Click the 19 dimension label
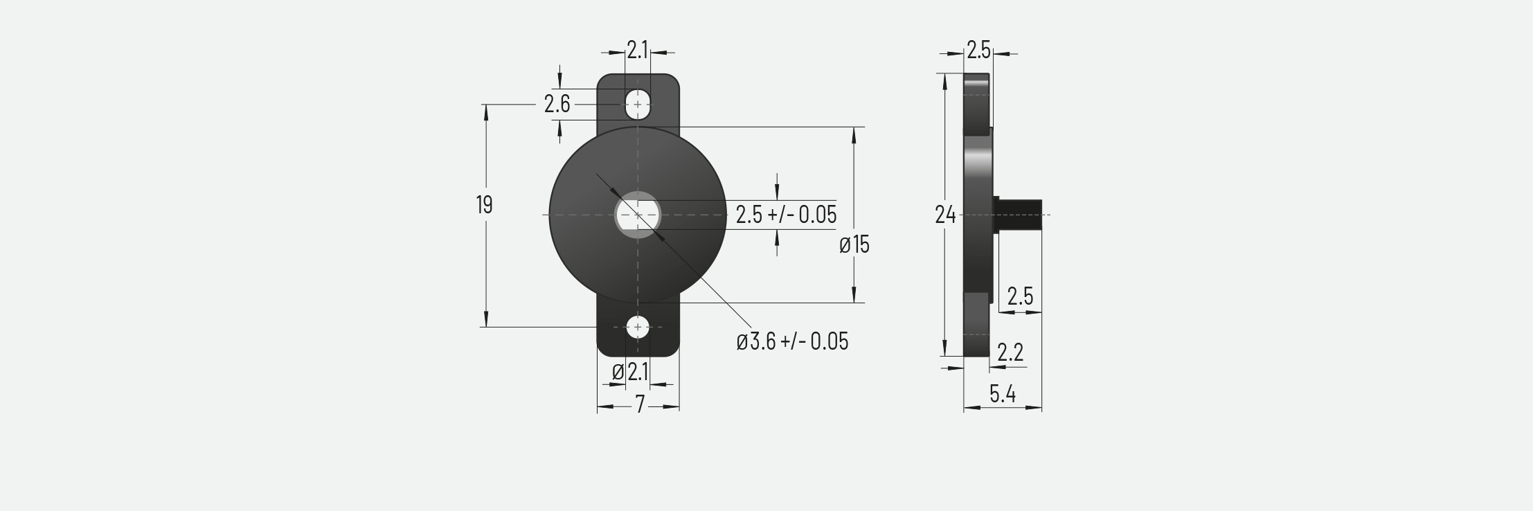pyautogui.click(x=484, y=205)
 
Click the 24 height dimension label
pyautogui.click(x=945, y=215)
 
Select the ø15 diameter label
pyautogui.click(x=854, y=245)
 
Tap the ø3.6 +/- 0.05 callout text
pyautogui.click(x=792, y=341)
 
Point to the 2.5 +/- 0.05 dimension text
pyautogui.click(x=786, y=215)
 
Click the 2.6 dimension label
pyautogui.click(x=557, y=104)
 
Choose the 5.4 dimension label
pyautogui.click(x=1002, y=394)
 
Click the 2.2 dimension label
pyautogui.click(x=1010, y=352)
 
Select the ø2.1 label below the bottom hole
pyautogui.click(x=630, y=373)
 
